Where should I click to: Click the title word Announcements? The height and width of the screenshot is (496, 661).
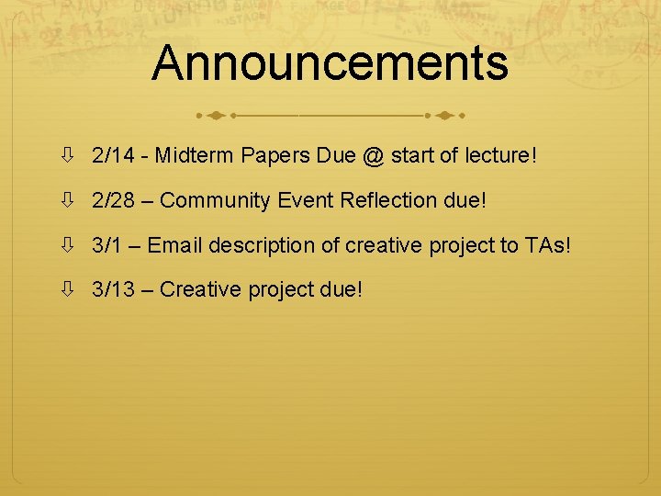[330, 62]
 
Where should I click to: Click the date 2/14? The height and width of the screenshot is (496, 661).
[113, 156]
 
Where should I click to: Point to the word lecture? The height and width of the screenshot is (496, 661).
[498, 156]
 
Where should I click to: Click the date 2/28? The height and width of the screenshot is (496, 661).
[113, 201]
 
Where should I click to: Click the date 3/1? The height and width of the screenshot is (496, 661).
[107, 245]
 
